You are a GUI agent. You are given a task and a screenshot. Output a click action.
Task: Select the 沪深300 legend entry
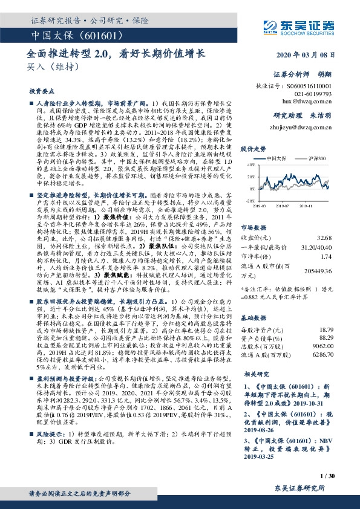click(x=316, y=158)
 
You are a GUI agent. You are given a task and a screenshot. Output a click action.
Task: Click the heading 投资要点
click(x=39, y=90)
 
